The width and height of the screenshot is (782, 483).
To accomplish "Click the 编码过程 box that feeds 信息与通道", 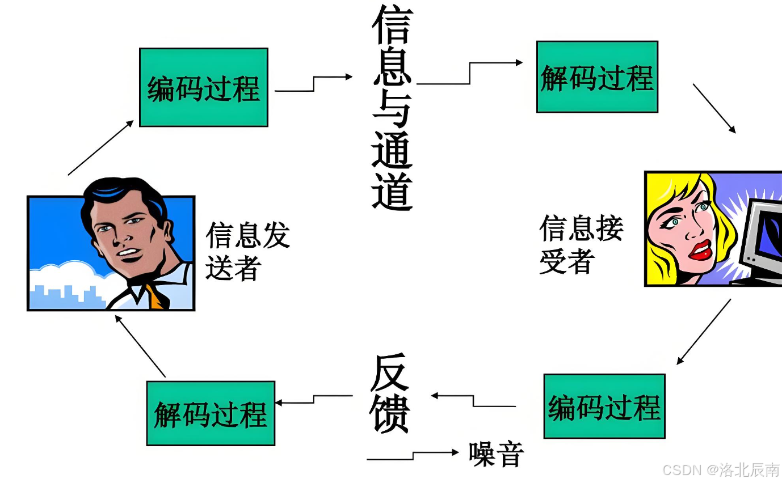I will point(203,87).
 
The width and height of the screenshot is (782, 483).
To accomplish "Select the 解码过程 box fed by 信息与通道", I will point(597,77).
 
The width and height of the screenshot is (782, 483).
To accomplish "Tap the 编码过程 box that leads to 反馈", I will point(604,406).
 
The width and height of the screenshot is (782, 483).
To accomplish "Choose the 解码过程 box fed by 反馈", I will point(211,413).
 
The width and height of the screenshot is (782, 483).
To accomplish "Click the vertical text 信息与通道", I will point(392,108).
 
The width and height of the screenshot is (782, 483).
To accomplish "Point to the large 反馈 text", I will point(390,394).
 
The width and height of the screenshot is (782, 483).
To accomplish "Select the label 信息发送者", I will point(247,251).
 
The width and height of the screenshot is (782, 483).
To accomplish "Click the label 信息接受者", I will point(581,244).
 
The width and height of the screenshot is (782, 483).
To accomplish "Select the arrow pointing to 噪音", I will point(413,455).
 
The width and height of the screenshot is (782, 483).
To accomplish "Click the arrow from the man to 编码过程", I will point(101,147).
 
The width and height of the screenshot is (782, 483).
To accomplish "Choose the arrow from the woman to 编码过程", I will point(704,332).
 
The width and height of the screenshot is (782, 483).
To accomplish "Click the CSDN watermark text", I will point(721,470).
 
